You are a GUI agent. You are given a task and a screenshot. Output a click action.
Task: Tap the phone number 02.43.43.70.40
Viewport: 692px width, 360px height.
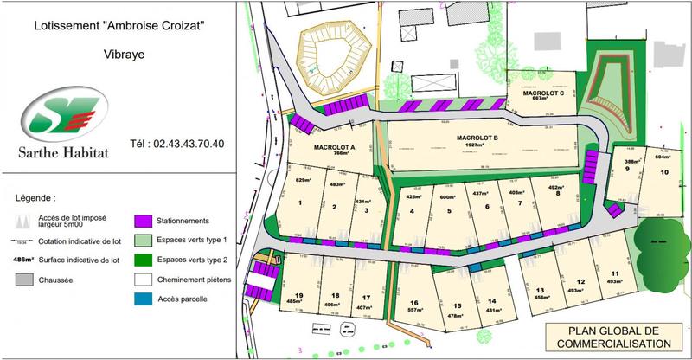tap(176, 144)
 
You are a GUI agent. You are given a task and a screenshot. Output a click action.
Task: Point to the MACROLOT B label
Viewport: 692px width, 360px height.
tap(477, 138)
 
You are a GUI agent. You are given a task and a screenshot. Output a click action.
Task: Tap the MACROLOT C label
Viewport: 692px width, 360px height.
tap(536, 93)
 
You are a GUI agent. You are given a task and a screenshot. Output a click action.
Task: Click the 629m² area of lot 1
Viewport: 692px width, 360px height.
tap(303, 180)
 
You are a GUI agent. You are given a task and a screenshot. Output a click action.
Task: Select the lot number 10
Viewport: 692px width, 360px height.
tap(663, 172)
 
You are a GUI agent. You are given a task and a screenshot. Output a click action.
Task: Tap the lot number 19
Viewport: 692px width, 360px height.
tap(298, 295)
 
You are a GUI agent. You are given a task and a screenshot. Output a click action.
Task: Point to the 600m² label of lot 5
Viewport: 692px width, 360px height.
tap(447, 196)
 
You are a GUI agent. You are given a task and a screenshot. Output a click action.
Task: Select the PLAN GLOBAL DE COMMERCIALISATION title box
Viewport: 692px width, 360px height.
tap(615, 338)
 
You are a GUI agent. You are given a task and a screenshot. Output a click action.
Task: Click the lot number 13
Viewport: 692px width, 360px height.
tap(539, 290)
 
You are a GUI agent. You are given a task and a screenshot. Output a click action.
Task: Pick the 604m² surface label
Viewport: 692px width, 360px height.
tap(663, 157)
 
